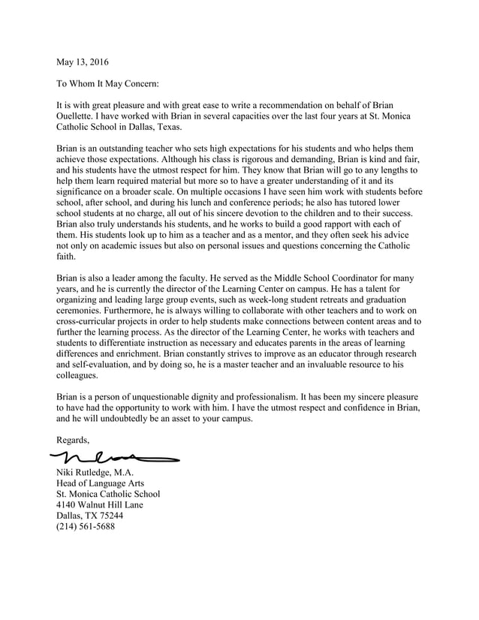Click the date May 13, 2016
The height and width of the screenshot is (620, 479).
(x=87, y=61)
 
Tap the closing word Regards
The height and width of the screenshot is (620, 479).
(x=74, y=439)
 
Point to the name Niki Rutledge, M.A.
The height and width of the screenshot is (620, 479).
(x=95, y=472)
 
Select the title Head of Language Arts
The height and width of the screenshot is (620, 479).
(x=100, y=483)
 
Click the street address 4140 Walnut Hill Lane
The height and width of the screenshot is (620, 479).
(x=100, y=504)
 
